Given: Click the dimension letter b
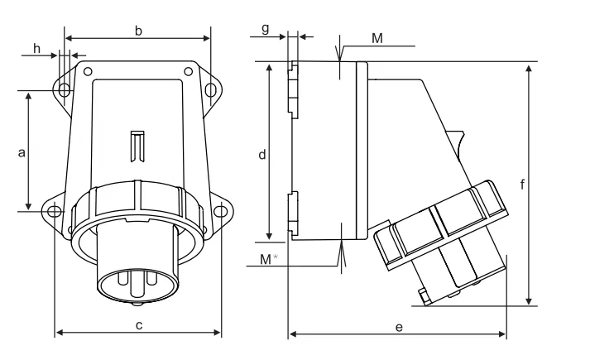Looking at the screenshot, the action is point(138,31).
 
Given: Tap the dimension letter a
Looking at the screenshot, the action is point(22,152).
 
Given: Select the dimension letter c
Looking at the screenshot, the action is point(139,325).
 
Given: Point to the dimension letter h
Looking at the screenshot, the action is point(36,49).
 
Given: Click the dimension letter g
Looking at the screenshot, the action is point(266,29).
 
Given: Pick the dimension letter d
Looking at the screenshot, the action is point(262,155).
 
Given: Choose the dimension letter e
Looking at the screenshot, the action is point(399,327).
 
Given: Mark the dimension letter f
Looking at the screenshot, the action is point(522,184).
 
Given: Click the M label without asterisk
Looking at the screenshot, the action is point(377,38).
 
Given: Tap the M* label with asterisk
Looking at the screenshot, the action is point(269,259).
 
